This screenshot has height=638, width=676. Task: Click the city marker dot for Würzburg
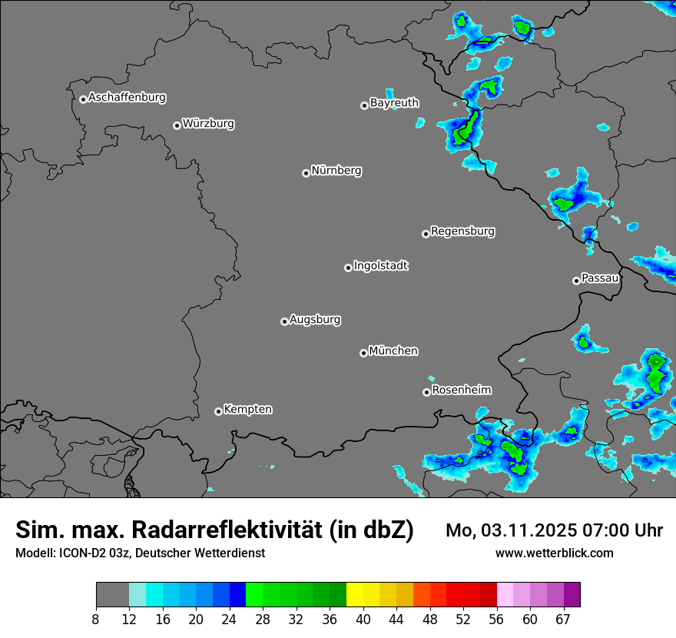click(177, 125)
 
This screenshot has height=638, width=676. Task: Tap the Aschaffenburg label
click(127, 98)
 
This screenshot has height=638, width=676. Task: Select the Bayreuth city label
click(394, 102)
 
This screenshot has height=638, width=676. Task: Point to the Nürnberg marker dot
click(306, 173)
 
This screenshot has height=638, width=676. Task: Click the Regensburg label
click(462, 231)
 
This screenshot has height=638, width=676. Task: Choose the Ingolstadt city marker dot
click(348, 267)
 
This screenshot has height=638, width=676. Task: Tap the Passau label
click(600, 277)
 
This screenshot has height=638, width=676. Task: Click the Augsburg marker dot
click(284, 321)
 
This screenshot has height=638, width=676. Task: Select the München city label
click(393, 351)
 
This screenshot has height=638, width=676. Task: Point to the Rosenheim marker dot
click(426, 392)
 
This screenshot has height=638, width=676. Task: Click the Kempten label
click(247, 409)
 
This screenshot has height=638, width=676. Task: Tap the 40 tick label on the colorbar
click(363, 620)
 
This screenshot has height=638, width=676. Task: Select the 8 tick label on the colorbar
click(96, 620)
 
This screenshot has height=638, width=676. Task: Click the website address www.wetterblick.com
click(554, 553)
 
